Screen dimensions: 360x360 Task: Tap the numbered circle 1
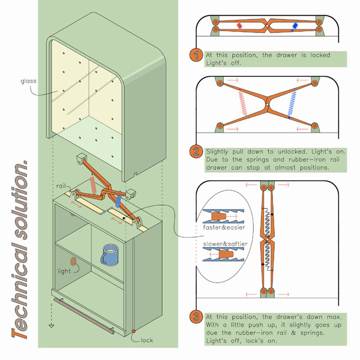[196, 56]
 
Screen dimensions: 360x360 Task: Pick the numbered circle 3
[196, 317]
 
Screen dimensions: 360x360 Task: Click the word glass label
[29, 80]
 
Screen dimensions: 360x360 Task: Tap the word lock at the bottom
[146, 340]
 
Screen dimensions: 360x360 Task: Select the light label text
[64, 271]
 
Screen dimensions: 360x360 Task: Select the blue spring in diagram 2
[293, 103]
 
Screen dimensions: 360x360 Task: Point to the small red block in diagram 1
[239, 26]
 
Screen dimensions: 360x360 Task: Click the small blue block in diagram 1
[295, 26]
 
